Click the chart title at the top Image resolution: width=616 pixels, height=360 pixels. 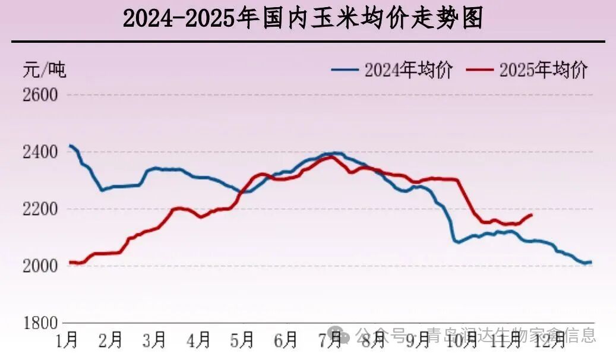(303, 19)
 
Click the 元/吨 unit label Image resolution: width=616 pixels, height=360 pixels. (45, 70)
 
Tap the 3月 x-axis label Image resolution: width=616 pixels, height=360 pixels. (154, 340)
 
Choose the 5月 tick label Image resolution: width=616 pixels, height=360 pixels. (242, 340)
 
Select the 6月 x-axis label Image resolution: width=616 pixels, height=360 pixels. (286, 340)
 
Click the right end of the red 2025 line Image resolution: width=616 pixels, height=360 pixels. (532, 214)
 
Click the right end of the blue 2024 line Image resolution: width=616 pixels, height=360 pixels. (591, 262)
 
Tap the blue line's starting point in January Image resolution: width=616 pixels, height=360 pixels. (70, 146)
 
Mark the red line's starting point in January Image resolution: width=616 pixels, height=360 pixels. (70, 262)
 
